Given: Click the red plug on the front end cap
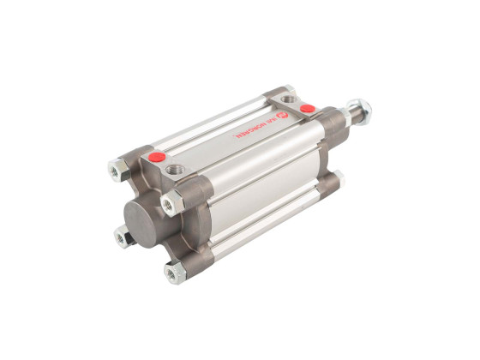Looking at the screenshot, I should point(157,158).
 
